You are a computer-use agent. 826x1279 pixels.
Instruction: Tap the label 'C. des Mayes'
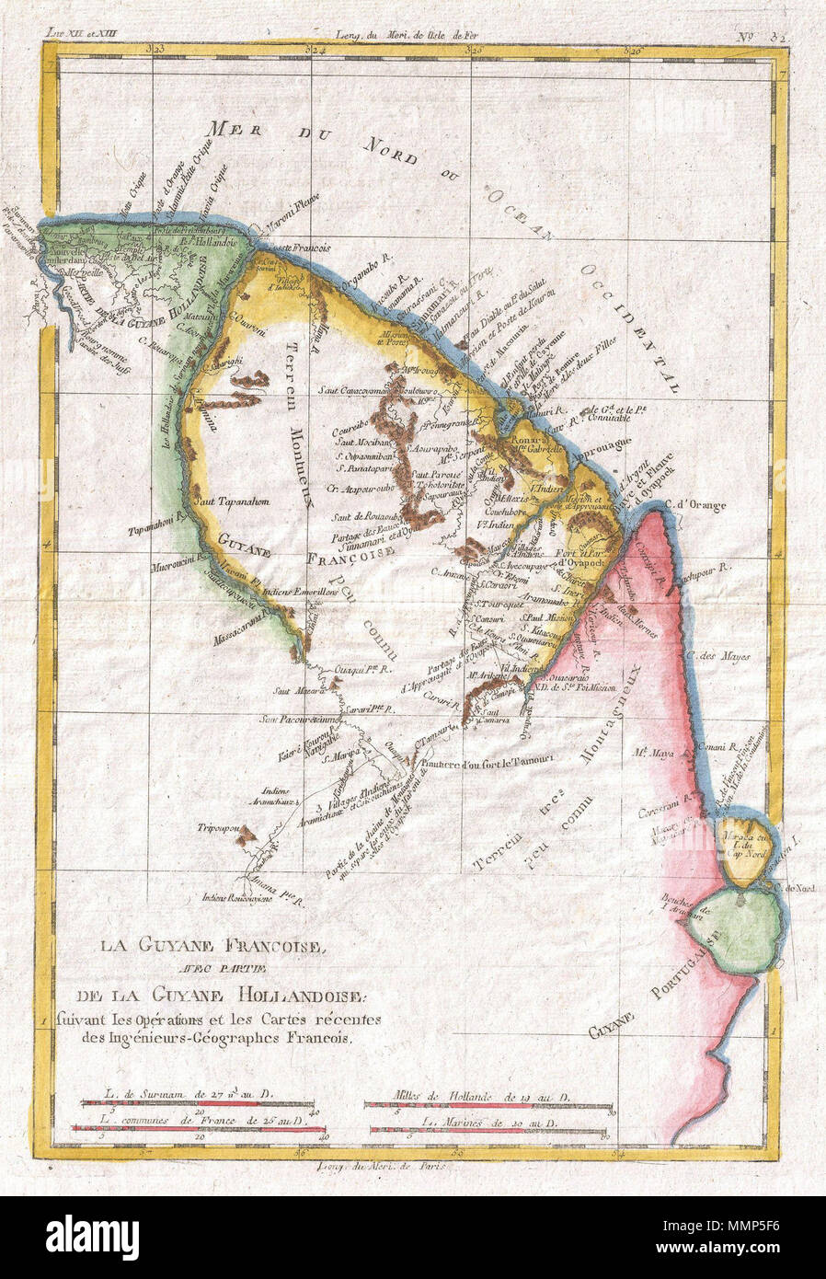pos(724,657)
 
